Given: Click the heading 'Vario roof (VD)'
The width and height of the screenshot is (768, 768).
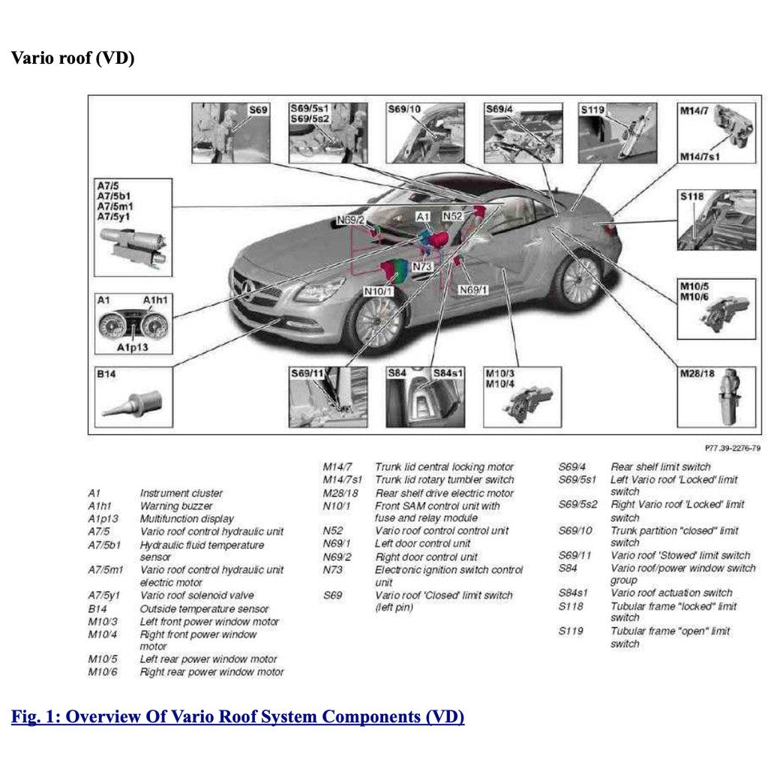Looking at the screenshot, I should (x=73, y=58).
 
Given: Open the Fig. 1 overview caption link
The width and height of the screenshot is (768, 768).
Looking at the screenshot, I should (x=238, y=716).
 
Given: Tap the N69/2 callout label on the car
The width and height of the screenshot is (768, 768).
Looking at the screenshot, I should (x=350, y=220).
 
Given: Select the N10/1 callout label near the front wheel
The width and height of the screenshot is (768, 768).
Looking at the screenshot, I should (x=379, y=290).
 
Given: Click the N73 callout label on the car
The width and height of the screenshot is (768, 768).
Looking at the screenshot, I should (x=423, y=267).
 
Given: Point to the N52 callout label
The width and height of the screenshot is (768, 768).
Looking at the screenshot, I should (x=452, y=216).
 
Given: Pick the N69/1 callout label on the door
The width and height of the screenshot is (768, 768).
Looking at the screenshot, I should (x=473, y=289).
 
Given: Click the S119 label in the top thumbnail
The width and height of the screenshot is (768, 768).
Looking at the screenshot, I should (x=592, y=109).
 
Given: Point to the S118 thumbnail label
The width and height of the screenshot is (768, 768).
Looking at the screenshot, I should (x=691, y=196).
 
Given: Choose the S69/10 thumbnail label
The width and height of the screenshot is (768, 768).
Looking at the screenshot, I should (x=404, y=109).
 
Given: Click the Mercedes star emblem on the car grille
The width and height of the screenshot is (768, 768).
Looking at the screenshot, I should (x=247, y=287).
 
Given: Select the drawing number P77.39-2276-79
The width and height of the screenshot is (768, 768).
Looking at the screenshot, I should (x=732, y=448).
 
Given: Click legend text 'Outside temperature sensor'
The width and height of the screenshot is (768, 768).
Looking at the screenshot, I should (x=204, y=609).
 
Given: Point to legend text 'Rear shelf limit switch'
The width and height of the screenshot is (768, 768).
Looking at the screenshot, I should (x=660, y=467).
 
